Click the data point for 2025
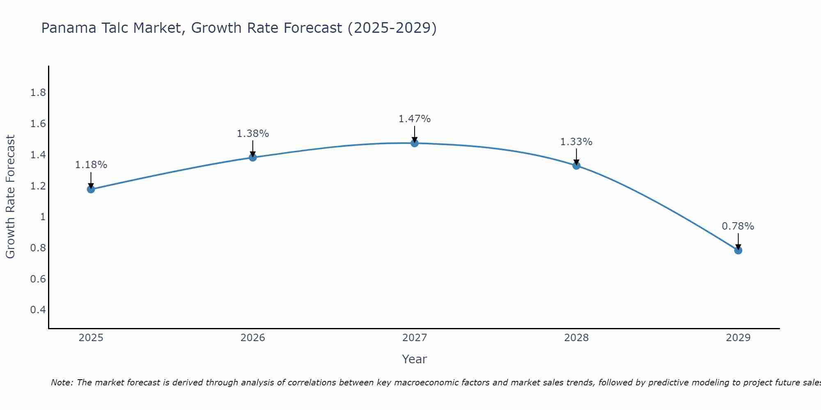coord(91,189)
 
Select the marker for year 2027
coord(415,143)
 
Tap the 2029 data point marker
coord(738,250)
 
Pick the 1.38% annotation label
coord(253,134)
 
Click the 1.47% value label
coord(415,119)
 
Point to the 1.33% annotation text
coord(576,142)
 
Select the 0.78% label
coord(738,226)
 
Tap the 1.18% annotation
coord(91,165)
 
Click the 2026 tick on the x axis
coord(253,338)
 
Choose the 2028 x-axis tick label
coord(576,338)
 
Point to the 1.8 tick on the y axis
coord(38,93)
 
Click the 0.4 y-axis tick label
coord(38,310)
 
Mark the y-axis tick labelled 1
coord(43,217)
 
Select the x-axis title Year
coord(415,359)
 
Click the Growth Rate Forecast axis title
coord(11,197)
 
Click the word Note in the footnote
coord(61,383)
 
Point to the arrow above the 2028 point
coord(576,156)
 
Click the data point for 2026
coord(253,157)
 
